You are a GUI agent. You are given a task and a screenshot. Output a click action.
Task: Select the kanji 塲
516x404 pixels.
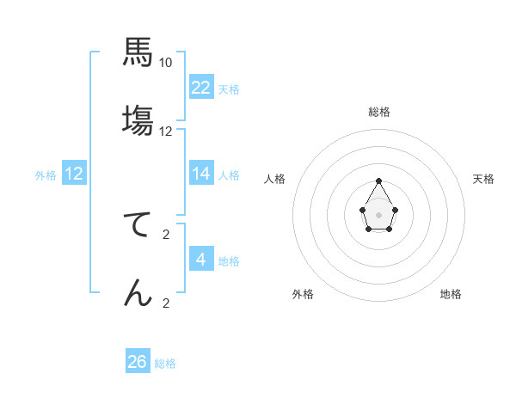click(x=138, y=120)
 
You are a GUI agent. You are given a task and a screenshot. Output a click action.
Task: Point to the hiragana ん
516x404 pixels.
click(x=138, y=292)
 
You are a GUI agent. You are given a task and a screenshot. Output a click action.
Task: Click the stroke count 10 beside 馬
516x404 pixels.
click(x=166, y=63)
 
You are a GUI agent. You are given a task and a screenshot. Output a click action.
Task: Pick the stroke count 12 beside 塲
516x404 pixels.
click(x=166, y=132)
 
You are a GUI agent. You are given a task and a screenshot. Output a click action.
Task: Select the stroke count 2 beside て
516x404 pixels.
click(x=166, y=235)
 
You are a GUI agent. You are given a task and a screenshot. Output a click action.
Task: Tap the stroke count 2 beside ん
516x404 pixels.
click(x=166, y=303)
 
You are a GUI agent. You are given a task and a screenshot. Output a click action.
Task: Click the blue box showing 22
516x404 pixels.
click(x=201, y=87)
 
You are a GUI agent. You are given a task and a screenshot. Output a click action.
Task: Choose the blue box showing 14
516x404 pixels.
click(x=201, y=174)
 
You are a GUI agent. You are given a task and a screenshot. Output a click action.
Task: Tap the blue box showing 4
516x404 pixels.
click(x=201, y=259)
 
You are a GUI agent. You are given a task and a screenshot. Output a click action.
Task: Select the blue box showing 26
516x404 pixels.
click(x=138, y=362)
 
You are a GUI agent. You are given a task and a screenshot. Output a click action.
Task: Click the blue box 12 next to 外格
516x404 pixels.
click(x=74, y=174)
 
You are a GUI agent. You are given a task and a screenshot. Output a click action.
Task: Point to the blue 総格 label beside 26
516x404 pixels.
click(x=165, y=364)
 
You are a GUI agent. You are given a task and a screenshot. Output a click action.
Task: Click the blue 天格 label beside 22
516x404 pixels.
click(x=229, y=89)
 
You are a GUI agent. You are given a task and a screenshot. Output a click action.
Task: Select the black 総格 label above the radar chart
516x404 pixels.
click(x=379, y=112)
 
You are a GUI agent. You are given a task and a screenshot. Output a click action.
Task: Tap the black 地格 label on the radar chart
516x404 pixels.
click(x=451, y=294)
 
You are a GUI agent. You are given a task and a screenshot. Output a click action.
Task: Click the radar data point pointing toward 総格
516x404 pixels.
click(x=378, y=181)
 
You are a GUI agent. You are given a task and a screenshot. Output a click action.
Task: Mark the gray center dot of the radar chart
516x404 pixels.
click(x=378, y=214)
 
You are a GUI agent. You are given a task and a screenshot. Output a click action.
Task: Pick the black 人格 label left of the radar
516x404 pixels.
click(x=275, y=179)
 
